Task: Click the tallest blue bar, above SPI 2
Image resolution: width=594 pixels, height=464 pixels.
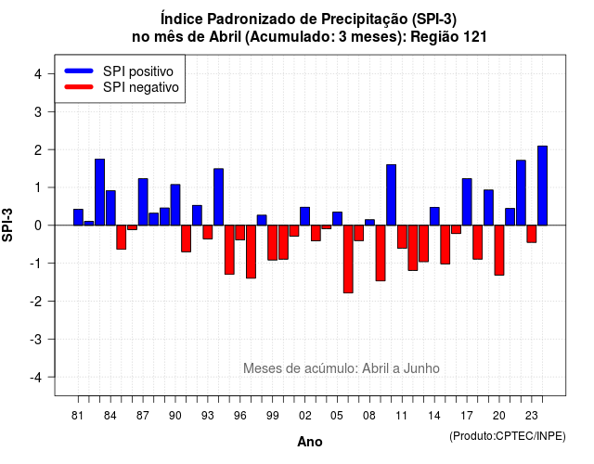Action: [542, 186]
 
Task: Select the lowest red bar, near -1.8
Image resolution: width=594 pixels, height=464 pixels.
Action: [348, 259]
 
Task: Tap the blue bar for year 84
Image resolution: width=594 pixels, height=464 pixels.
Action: [110, 208]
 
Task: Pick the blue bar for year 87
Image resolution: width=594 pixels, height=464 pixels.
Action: [143, 202]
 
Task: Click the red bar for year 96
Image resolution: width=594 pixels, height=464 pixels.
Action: [239, 233]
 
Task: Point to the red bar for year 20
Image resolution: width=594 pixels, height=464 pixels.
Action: [499, 250]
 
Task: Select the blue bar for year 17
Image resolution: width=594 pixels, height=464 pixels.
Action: [467, 202]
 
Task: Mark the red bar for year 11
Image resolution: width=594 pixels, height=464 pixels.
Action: [402, 237]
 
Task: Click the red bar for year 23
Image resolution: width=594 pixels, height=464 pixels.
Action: [532, 234]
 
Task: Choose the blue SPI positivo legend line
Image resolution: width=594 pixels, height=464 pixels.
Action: [79, 71]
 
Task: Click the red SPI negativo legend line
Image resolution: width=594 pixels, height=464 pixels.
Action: [79, 87]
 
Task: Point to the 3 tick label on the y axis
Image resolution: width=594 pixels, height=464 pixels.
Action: [38, 112]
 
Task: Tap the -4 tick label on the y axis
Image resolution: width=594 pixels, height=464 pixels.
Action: [35, 378]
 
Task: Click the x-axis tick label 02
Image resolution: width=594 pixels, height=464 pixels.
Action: [305, 416]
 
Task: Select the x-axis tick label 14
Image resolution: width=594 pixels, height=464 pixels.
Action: [434, 416]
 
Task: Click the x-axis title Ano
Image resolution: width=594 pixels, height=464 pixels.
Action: [310, 442]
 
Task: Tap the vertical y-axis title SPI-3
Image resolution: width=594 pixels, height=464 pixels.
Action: [7, 225]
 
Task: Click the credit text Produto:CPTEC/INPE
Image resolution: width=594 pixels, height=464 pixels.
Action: [508, 436]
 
